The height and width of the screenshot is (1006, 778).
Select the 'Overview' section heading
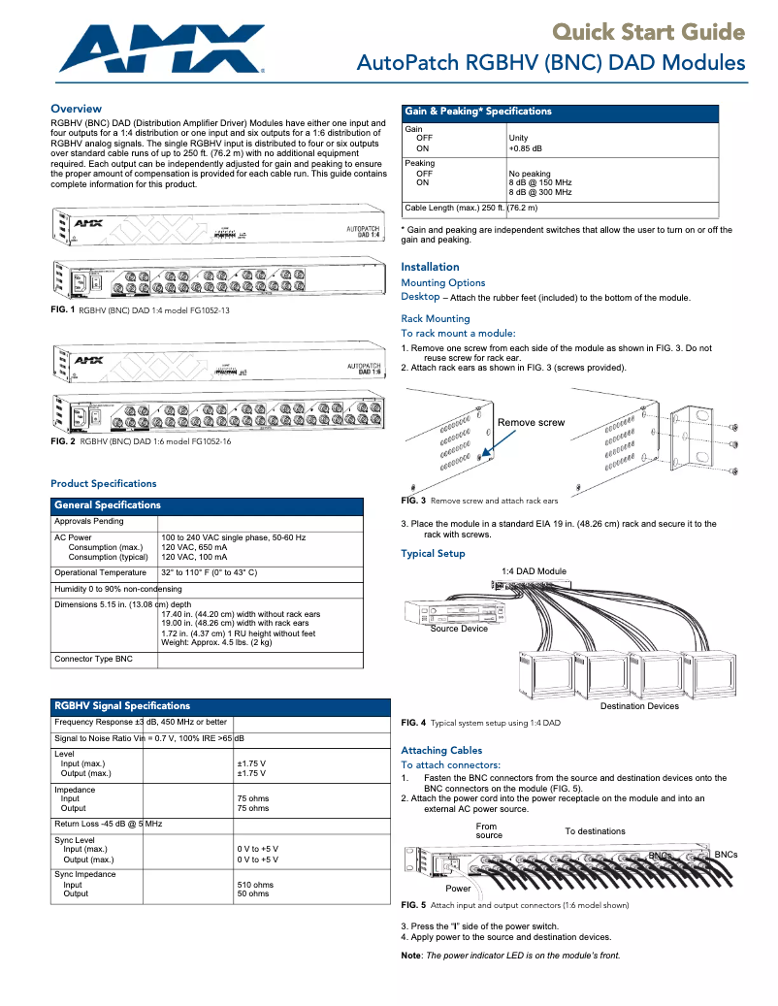76,109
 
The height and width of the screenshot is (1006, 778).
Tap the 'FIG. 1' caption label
62,308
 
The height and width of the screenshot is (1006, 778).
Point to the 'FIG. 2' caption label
62,440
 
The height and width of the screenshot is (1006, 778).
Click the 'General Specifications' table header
108,505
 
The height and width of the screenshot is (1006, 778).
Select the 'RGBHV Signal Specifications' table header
122,705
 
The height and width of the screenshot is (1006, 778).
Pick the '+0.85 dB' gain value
525,148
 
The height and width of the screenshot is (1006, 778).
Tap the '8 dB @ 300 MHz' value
539,192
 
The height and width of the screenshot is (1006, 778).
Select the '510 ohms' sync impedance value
255,885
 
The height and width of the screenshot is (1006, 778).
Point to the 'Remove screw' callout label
531,423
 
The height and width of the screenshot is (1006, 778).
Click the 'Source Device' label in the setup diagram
459,629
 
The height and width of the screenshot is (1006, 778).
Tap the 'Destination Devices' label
639,706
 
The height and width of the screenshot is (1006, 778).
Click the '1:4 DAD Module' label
534,571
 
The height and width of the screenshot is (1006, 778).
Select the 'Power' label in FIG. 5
458,889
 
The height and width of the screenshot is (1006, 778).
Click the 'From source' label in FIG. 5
489,830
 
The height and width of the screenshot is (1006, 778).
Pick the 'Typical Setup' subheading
433,554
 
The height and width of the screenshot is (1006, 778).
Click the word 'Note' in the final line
410,955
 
